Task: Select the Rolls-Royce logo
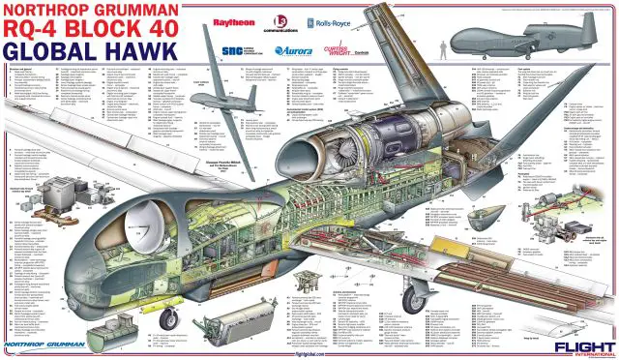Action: (x=325, y=21)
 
